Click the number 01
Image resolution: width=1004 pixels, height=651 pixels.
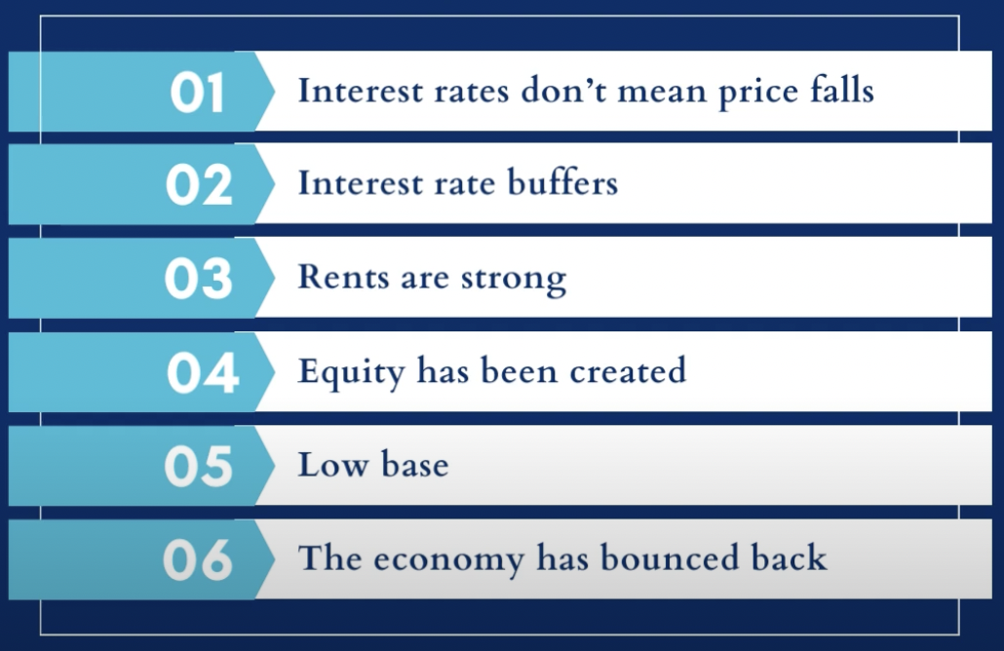pyautogui.click(x=197, y=93)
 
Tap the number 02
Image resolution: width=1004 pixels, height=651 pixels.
pyautogui.click(x=199, y=186)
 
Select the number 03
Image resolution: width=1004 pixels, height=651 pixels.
pyautogui.click(x=199, y=280)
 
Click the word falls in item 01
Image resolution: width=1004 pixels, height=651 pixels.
pyautogui.click(x=837, y=91)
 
